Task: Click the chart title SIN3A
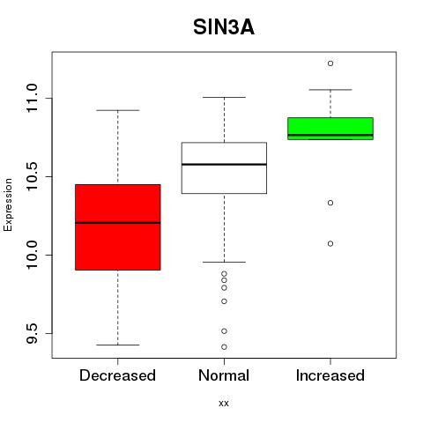coord(224,27)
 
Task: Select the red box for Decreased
coord(118,227)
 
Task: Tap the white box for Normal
coord(224,167)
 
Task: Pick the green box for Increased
coord(330,129)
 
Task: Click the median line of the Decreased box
coord(118,223)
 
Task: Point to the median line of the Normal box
coord(224,164)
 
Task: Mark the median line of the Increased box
coord(330,135)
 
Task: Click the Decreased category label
coord(117,375)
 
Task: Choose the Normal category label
coord(224,375)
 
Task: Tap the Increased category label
coord(330,375)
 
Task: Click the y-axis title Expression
coord(8,204)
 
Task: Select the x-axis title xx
coord(224,404)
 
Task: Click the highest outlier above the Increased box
coord(330,63)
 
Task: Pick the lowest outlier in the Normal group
coord(224,347)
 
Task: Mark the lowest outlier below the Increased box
coord(330,243)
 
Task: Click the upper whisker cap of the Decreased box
coord(118,110)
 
